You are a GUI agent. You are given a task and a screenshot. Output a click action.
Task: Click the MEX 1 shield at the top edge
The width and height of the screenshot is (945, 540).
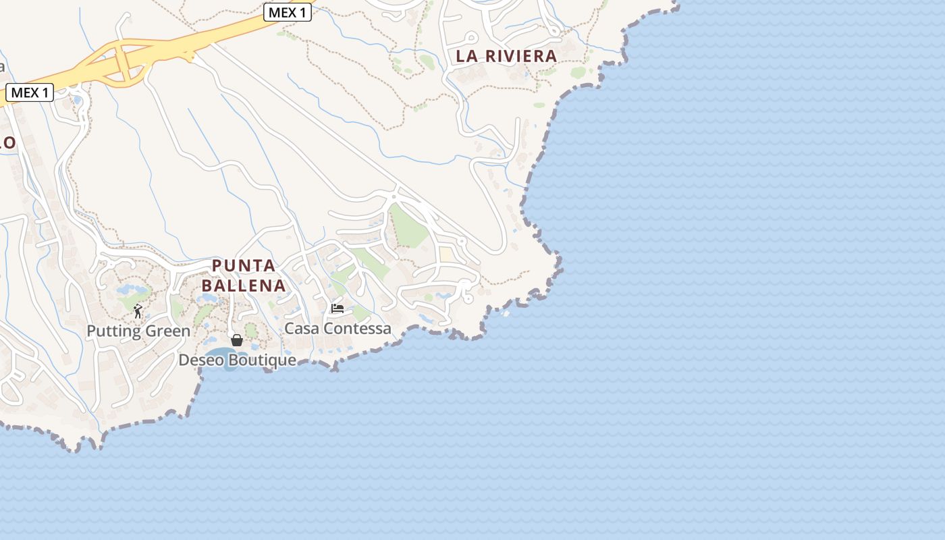click(287, 12)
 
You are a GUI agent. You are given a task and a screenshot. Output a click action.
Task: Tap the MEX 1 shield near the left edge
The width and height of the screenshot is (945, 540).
click(30, 92)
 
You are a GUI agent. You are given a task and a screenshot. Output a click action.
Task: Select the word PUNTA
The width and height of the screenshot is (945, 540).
click(244, 265)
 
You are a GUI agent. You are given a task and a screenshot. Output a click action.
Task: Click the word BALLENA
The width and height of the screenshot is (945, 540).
click(244, 286)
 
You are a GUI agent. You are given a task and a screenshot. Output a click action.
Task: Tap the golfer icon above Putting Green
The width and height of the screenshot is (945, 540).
click(138, 311)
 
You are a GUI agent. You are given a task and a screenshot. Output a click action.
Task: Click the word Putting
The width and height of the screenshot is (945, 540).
click(115, 331)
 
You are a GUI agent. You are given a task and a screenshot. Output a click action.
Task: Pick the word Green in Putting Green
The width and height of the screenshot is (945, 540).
click(168, 331)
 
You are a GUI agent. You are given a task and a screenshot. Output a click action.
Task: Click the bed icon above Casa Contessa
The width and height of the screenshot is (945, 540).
click(337, 308)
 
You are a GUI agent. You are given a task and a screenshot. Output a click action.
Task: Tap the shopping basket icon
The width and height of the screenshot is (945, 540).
click(237, 340)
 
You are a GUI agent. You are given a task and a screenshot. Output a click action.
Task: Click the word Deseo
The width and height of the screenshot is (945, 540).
click(201, 360)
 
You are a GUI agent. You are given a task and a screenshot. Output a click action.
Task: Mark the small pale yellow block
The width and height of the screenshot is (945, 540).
click(446, 254)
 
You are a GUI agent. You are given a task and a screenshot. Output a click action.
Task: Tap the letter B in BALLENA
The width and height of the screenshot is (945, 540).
click(207, 286)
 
